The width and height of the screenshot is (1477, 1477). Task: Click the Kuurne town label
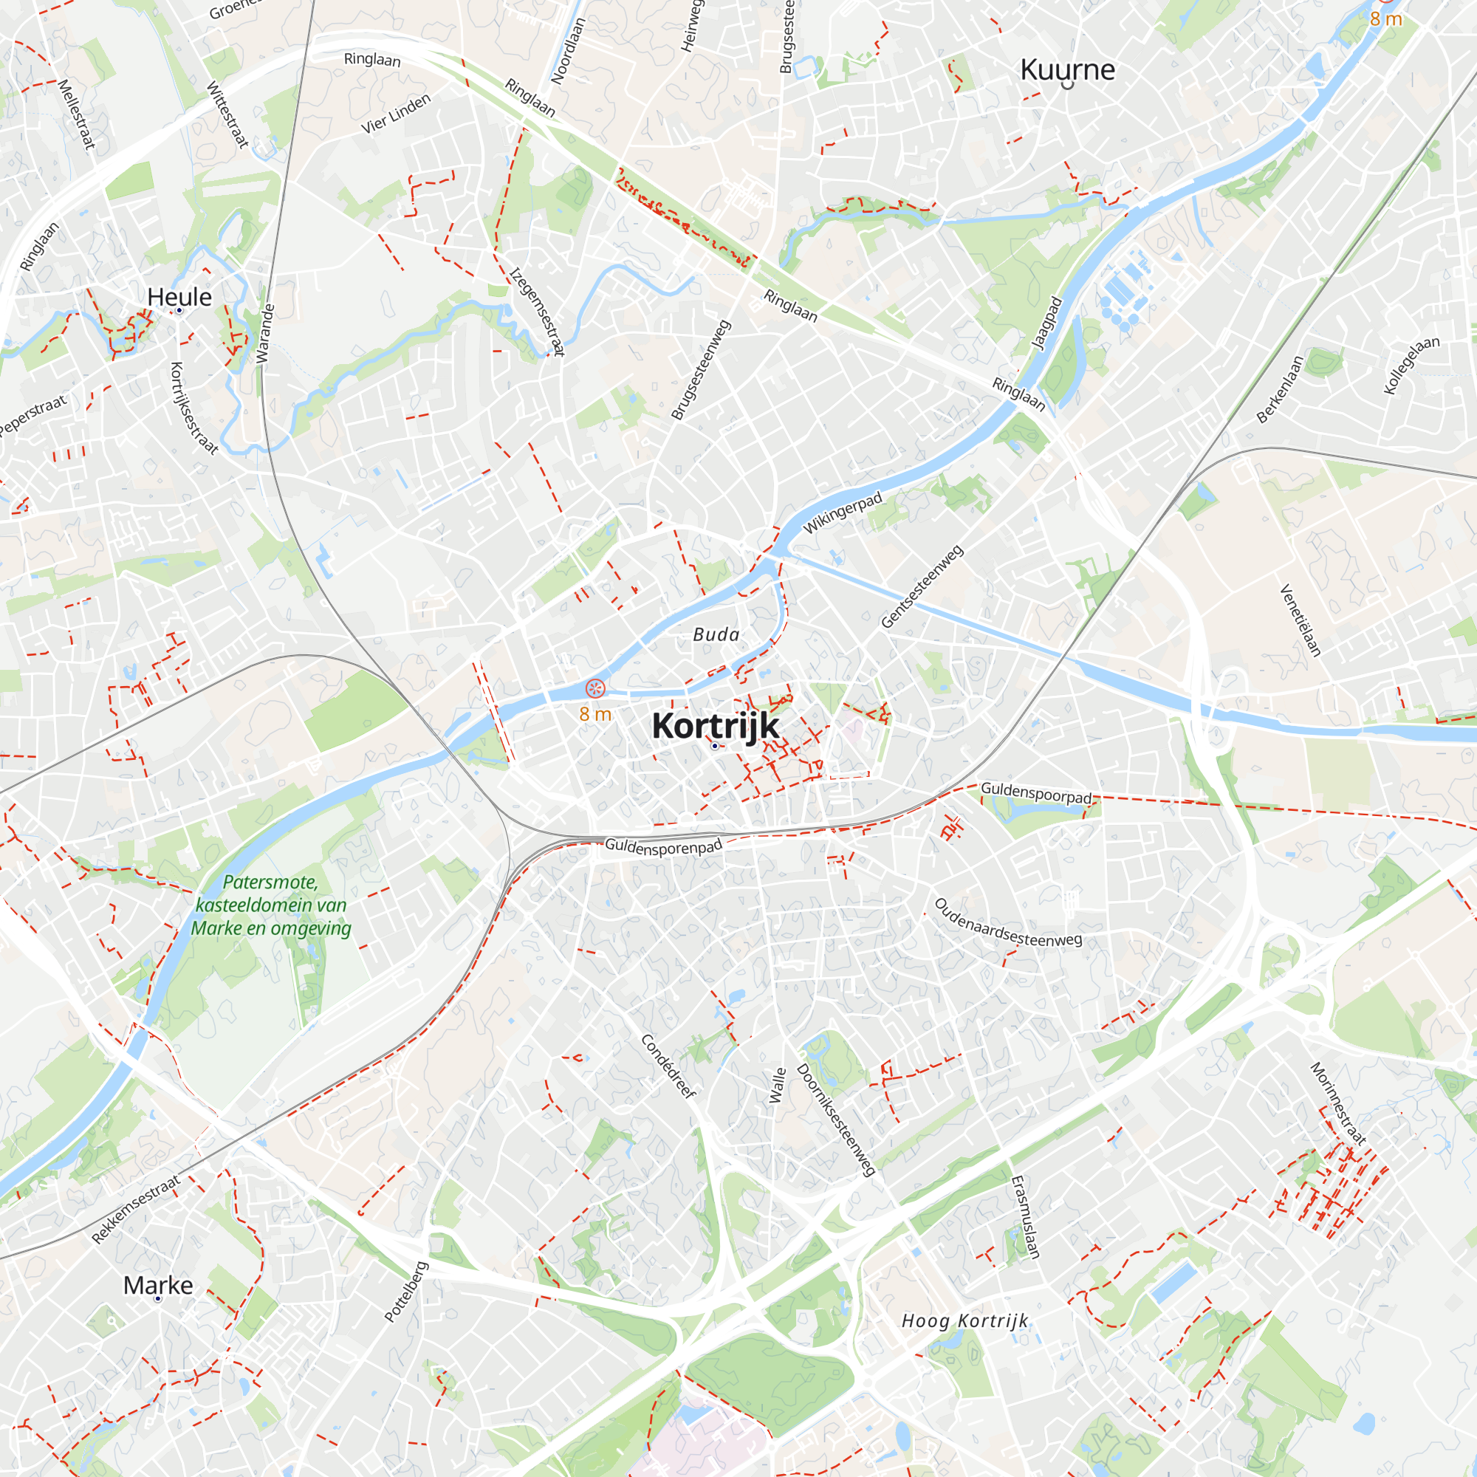coord(1067,69)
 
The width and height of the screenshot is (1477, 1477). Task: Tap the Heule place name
coord(179,297)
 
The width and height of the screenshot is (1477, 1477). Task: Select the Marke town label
coord(158,1285)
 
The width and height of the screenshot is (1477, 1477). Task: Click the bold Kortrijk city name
coord(715,725)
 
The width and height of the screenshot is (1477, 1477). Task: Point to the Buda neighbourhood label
coord(716,634)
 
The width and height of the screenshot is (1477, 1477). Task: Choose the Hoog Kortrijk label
coord(964,1321)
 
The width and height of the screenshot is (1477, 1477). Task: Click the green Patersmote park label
coord(270,905)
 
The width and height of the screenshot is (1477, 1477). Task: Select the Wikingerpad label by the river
coord(843,513)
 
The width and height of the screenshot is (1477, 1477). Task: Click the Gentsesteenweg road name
coord(922,586)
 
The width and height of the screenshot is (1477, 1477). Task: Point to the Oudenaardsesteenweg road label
coord(1007,922)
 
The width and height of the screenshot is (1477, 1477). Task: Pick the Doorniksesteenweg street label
coord(837,1120)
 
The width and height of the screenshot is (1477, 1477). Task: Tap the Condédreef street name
coord(669,1066)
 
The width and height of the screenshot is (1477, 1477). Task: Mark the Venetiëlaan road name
coord(1300,620)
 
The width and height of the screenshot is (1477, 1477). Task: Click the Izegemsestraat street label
coord(537,312)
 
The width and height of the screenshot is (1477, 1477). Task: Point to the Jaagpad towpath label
coord(1047,323)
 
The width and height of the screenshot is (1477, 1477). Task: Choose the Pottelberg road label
coord(406,1291)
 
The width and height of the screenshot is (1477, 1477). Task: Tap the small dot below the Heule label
coord(179,310)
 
